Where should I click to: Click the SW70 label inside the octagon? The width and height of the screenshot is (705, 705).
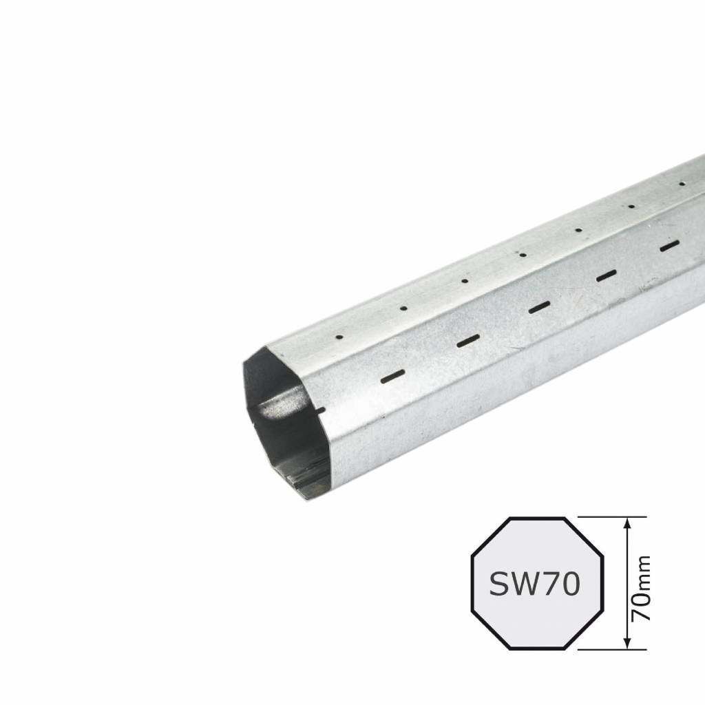534,584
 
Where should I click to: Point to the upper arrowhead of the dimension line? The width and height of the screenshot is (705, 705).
627,524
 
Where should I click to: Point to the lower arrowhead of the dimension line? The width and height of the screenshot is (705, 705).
627,642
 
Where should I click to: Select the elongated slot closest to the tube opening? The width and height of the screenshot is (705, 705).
392,375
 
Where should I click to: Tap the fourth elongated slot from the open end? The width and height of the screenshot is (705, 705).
606,275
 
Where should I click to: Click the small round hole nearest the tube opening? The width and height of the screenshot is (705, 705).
339,337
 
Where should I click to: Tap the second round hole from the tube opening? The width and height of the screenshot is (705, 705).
403,308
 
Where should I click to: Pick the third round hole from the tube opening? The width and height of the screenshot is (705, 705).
465,280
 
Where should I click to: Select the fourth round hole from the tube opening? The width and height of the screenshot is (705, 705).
523,255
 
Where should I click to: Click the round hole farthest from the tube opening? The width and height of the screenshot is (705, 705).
682,183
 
